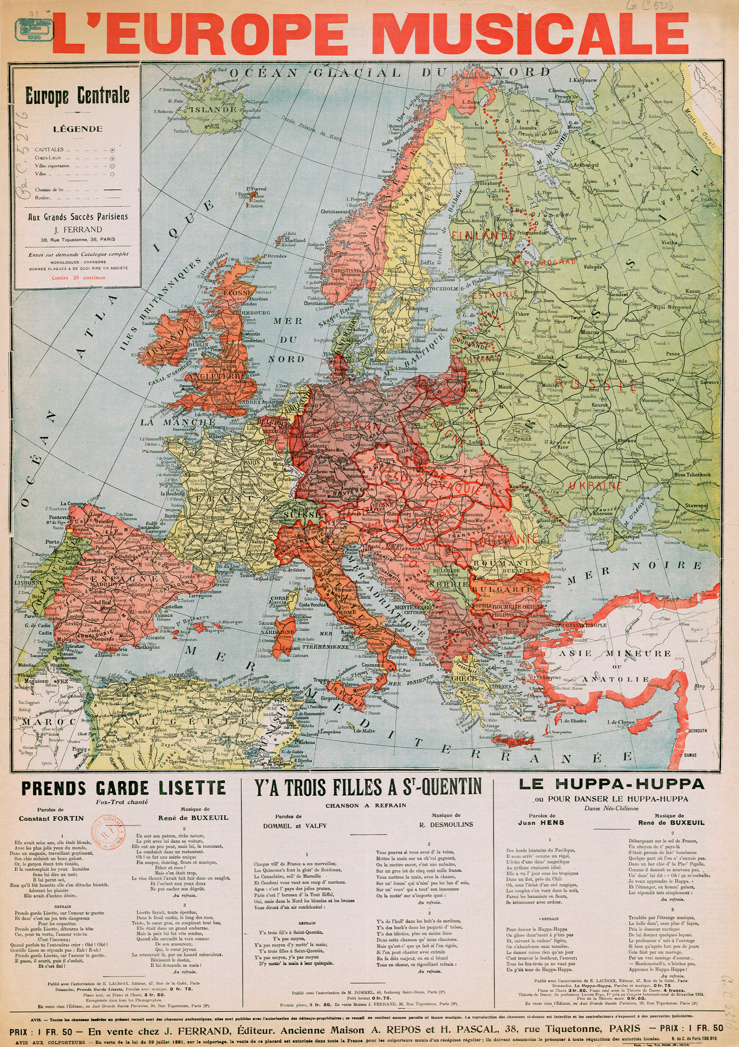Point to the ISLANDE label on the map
pos(212,109)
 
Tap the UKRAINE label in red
pos(595,485)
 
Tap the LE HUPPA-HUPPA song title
pos(611,784)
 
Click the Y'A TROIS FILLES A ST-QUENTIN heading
pos(367,787)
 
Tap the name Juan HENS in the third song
pos(548,822)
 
